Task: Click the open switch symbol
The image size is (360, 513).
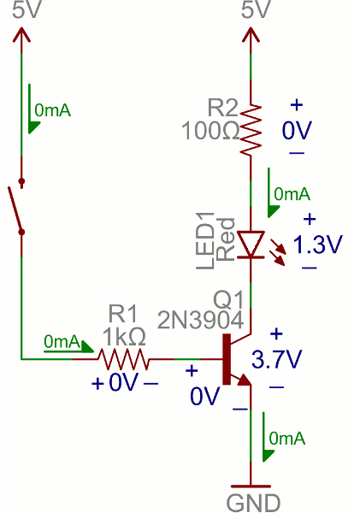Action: click(x=17, y=206)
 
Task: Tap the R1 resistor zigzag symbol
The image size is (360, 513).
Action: click(x=122, y=357)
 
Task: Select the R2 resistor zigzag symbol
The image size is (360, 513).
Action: click(x=251, y=129)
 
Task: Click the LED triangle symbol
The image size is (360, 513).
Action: click(x=251, y=244)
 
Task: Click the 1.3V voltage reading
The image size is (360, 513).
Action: click(x=317, y=245)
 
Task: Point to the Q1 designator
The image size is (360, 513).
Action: click(x=229, y=299)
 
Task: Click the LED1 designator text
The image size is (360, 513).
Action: click(x=206, y=245)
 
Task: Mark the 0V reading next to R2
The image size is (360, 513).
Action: click(x=298, y=130)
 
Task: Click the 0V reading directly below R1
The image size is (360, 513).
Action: click(x=123, y=382)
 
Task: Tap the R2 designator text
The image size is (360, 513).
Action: click(x=223, y=109)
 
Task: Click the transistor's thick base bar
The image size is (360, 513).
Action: click(x=227, y=358)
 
